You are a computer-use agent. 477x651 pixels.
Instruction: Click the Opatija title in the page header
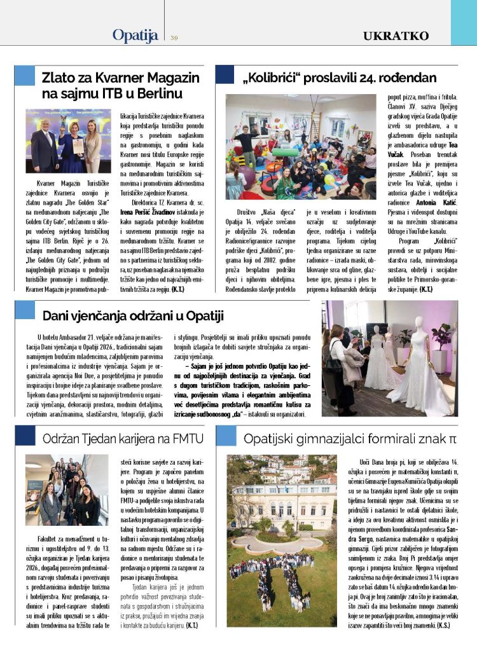(135, 36)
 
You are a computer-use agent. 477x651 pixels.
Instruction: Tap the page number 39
(174, 38)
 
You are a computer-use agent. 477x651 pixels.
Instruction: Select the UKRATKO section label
(396, 36)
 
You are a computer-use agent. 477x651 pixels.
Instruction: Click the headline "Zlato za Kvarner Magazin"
(120, 78)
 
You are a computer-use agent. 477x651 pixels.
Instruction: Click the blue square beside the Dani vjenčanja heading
(25, 310)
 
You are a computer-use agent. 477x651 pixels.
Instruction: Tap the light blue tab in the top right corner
(464, 22)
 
